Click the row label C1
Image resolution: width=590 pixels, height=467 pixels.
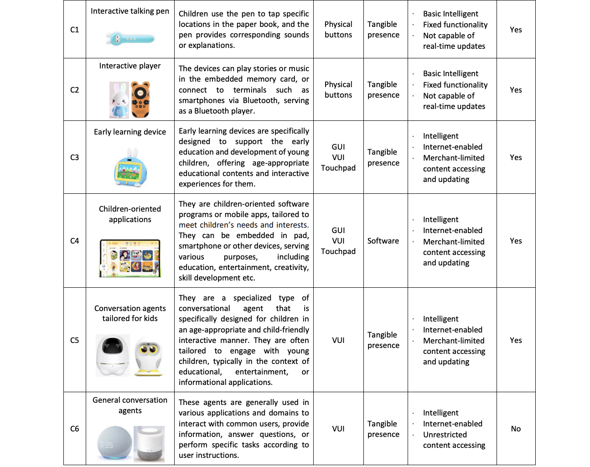click(x=75, y=30)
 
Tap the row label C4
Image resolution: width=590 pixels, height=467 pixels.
click(x=75, y=241)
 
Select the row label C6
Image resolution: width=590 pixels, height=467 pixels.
click(x=75, y=429)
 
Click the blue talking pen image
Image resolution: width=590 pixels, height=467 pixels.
click(x=130, y=39)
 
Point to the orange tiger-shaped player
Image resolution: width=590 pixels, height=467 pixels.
click(x=140, y=100)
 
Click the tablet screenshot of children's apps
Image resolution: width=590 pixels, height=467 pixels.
click(x=130, y=258)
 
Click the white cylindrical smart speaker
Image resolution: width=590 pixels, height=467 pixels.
click(x=150, y=444)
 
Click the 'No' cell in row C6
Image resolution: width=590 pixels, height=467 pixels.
click(x=516, y=429)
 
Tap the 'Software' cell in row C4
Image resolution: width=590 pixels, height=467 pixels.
click(x=383, y=241)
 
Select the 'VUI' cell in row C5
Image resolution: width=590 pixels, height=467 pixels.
click(x=338, y=340)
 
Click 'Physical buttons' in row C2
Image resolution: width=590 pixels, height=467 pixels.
click(x=338, y=90)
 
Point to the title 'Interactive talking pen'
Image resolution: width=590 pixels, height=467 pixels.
click(x=130, y=11)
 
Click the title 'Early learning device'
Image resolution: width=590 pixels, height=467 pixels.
click(x=130, y=132)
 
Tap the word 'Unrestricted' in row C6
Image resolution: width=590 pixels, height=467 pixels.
click(x=445, y=435)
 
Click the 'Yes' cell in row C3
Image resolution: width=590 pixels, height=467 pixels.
click(x=516, y=157)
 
